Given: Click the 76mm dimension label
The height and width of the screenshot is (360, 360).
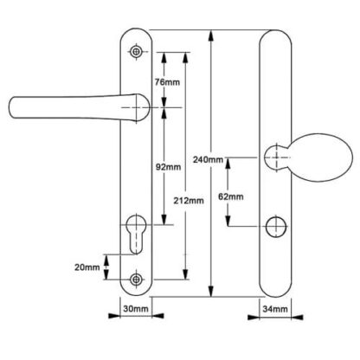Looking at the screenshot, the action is (167, 82).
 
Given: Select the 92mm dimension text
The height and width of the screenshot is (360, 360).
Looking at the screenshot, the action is (169, 167).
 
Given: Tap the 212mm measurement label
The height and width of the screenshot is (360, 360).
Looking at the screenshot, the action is (189, 201).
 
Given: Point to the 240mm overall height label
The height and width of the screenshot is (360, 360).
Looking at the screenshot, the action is (209, 159).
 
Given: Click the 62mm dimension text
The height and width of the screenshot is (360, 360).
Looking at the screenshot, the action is (231, 196).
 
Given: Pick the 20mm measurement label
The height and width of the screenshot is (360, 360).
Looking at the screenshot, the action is (87, 267).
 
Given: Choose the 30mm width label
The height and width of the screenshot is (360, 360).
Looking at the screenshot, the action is (136, 309).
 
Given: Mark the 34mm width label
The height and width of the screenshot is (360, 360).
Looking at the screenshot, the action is (275, 309).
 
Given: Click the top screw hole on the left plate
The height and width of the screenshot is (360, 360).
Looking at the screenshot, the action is (136, 52).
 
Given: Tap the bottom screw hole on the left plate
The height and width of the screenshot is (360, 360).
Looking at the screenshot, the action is (136, 280).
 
